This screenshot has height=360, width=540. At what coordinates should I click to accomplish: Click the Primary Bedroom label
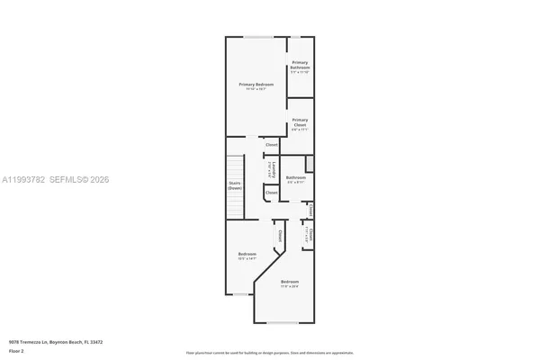255,85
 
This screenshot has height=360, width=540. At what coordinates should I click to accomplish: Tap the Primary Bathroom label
300,65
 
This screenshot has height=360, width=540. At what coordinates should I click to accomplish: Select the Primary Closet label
300,121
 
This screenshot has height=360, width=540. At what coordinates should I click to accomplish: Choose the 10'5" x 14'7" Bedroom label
247,255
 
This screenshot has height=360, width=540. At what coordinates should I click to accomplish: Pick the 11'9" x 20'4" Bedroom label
289,283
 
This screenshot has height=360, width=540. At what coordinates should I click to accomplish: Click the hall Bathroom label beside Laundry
296,177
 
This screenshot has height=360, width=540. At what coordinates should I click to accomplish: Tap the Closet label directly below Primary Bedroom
271,144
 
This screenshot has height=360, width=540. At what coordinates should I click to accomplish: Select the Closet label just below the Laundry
271,193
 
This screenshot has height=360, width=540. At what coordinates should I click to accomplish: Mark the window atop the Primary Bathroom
295,37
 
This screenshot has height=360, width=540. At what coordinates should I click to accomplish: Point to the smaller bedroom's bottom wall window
239,294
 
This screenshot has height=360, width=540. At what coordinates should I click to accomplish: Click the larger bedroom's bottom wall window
283,322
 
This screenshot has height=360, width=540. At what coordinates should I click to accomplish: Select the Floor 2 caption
17,352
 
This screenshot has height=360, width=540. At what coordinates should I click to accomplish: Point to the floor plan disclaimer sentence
270,352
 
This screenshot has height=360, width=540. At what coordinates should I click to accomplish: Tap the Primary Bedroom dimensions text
255,89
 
